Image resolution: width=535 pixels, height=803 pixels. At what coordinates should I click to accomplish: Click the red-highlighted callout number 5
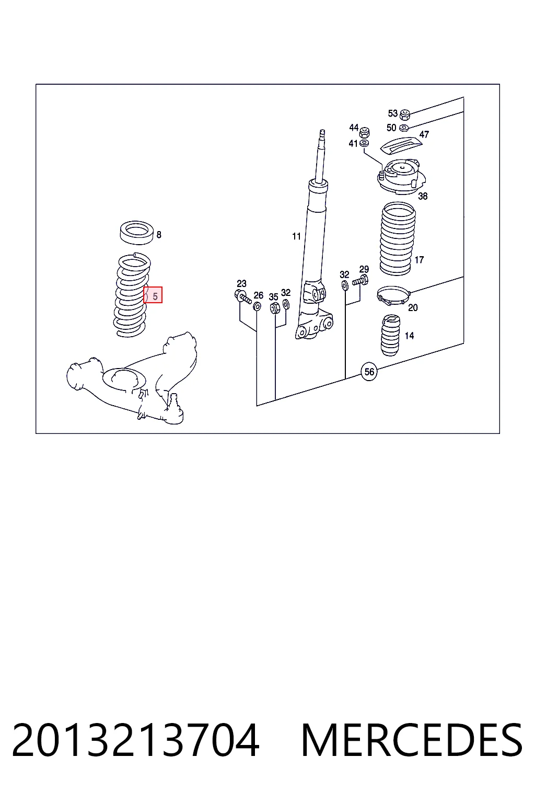click(155, 296)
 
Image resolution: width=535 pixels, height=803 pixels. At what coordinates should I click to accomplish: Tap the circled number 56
click(369, 372)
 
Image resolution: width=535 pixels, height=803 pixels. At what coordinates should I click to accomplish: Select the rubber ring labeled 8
click(136, 233)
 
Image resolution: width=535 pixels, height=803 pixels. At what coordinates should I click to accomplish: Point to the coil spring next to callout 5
click(132, 295)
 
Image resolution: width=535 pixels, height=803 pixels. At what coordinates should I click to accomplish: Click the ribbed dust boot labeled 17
click(397, 239)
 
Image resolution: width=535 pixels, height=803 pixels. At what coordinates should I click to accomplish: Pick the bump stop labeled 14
click(390, 335)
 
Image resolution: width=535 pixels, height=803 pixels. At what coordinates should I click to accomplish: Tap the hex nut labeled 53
click(404, 114)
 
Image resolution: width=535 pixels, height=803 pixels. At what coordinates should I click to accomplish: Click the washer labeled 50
click(403, 127)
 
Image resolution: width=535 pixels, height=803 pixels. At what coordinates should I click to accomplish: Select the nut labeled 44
click(365, 132)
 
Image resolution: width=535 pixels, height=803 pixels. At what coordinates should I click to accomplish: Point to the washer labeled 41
click(364, 143)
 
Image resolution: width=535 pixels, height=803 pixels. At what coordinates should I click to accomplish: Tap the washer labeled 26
click(257, 306)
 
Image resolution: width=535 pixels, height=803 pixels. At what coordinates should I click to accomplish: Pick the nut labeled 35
click(275, 307)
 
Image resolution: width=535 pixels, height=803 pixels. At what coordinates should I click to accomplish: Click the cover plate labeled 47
click(401, 146)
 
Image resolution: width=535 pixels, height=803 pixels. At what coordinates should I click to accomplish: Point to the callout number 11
click(296, 236)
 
